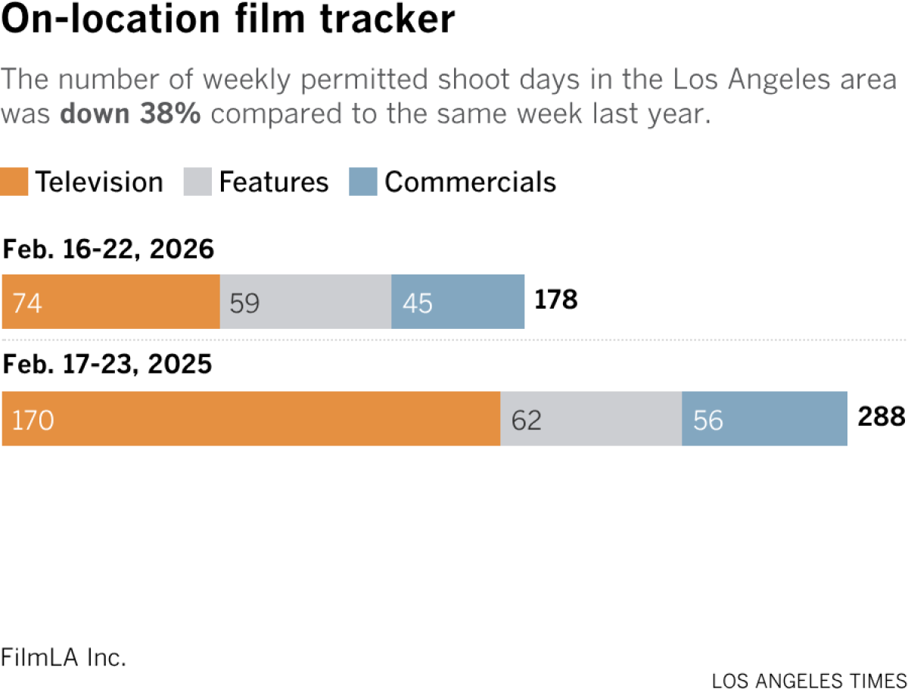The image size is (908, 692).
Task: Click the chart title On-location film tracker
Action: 229,22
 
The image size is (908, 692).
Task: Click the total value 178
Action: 556,301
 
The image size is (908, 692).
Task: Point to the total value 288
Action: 881,417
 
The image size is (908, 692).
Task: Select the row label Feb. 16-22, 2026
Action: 109,249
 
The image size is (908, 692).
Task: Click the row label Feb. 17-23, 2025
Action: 107,366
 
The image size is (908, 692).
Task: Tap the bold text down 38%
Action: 130,113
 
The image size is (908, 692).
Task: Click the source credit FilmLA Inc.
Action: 63,656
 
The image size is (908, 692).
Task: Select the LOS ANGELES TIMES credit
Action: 809,680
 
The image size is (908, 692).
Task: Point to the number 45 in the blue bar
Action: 418,303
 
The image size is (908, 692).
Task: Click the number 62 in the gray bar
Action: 527,420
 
